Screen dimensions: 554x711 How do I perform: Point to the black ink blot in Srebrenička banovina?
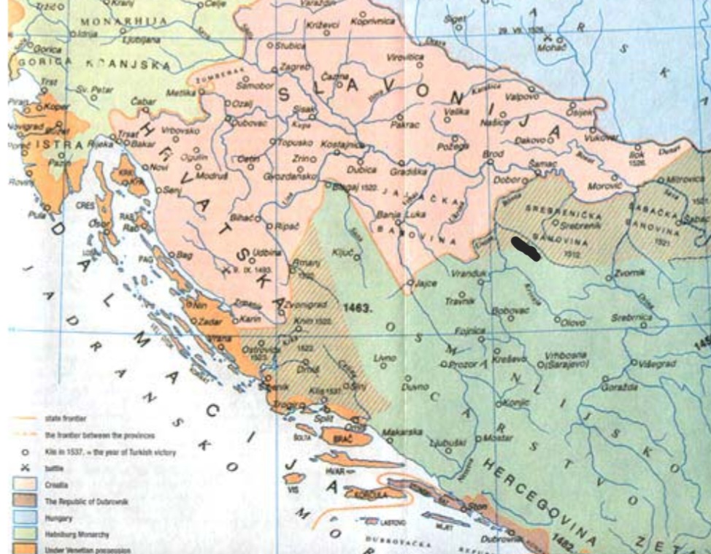(526, 248)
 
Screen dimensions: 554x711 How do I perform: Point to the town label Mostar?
(496, 439)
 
